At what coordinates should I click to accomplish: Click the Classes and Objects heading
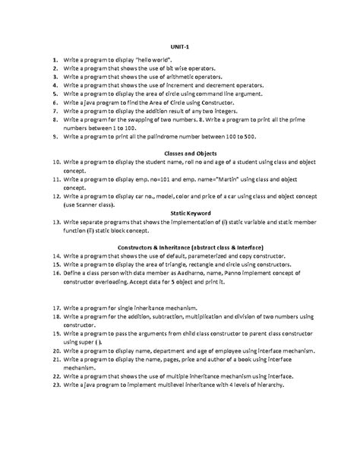point(180,152)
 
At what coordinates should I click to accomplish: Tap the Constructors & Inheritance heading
point(180,247)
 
